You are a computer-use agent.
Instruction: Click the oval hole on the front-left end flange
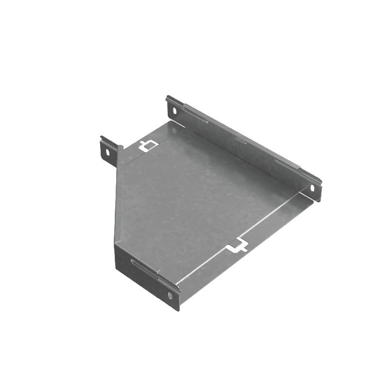170,296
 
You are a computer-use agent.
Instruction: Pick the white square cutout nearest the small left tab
147,145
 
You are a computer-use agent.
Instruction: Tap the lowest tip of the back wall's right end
318,201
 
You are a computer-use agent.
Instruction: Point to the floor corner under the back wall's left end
171,122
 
